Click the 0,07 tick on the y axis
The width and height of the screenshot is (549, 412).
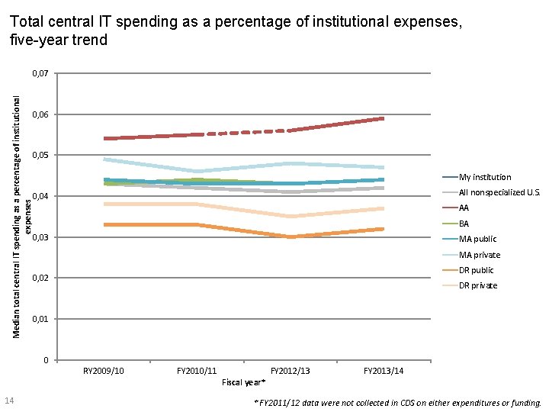tap(40, 74)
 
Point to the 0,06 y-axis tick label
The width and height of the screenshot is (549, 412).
tap(40, 115)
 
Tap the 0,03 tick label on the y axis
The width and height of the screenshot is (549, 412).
tap(40, 238)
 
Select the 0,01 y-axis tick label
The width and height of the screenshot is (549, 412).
tap(40, 319)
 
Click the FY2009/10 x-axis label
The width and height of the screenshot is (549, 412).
tap(104, 371)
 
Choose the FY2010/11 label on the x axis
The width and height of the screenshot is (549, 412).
tap(197, 371)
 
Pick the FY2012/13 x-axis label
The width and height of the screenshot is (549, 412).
tap(291, 371)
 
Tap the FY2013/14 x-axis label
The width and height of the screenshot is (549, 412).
tap(384, 371)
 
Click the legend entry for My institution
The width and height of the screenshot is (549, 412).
tap(485, 177)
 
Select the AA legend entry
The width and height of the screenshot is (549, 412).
tap(464, 208)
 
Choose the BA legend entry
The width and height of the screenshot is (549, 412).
tap(464, 224)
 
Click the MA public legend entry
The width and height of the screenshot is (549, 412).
tap(477, 239)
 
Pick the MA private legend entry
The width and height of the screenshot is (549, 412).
tap(479, 255)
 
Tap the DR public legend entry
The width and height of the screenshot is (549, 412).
tap(476, 270)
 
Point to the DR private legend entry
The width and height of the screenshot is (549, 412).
tap(477, 285)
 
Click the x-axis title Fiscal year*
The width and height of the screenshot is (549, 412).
tap(243, 381)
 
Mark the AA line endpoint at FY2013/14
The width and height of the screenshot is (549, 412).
tap(384, 118)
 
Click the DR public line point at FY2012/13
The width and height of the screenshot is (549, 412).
tap(291, 237)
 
